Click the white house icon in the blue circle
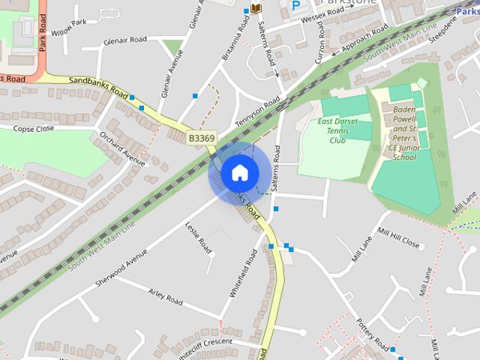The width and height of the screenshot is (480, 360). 238,172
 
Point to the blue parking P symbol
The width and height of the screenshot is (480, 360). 295,5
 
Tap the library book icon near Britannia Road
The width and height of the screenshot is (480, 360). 256,8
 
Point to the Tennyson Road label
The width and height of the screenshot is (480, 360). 257,112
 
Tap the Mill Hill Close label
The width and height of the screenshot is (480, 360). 399,238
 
